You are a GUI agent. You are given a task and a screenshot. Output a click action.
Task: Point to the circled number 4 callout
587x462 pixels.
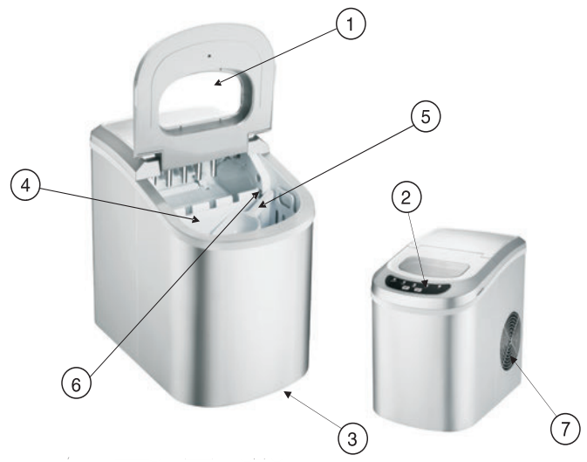pos(27,189)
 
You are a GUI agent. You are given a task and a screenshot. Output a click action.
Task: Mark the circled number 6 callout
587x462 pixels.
pos(76,384)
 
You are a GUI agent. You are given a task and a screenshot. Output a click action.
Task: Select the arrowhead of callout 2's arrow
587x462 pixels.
pos(425,282)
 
